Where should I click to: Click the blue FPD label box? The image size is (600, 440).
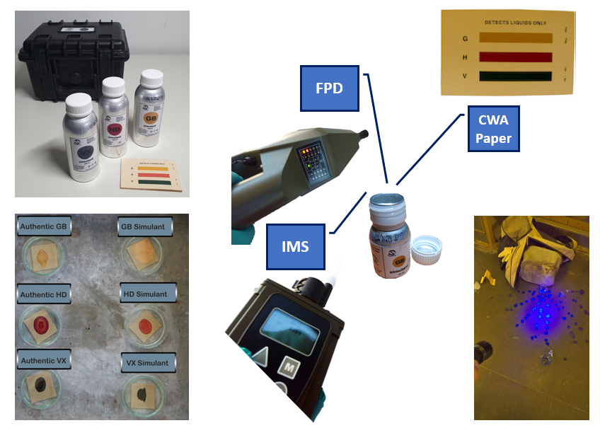pyautogui.click(x=329, y=88)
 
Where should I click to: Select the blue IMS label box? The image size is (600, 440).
pyautogui.click(x=295, y=247)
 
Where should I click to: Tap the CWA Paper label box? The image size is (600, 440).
pyautogui.click(x=493, y=129)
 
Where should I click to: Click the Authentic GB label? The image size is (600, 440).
pyautogui.click(x=43, y=226)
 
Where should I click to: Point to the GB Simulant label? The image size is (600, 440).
pyautogui.click(x=144, y=226)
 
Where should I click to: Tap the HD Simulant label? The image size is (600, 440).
pyautogui.click(x=145, y=294)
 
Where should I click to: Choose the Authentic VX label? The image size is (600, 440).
pyautogui.click(x=44, y=361)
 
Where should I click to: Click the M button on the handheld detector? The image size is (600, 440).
pyautogui.click(x=288, y=368)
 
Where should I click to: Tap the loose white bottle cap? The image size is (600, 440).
pyautogui.click(x=427, y=249)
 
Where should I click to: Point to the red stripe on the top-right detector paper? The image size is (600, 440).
pyautogui.click(x=515, y=57)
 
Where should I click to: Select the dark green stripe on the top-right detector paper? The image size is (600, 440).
pyautogui.click(x=515, y=76)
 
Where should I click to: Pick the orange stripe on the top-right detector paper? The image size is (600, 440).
pyautogui.click(x=515, y=37)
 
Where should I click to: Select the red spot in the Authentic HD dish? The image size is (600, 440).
pyautogui.click(x=41, y=324)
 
